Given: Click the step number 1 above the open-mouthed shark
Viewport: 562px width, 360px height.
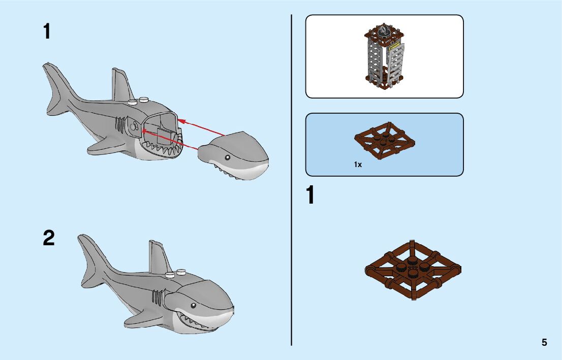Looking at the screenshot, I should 47,32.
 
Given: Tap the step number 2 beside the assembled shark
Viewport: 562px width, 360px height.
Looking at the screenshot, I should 48,238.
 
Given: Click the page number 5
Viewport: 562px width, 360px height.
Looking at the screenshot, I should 544,342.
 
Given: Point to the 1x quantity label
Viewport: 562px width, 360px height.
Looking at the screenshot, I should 358,165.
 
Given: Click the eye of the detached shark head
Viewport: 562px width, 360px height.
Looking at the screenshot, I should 227,157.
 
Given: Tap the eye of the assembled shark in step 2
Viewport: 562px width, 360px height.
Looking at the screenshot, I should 193,306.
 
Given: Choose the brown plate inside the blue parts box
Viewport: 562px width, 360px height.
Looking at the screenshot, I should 384,142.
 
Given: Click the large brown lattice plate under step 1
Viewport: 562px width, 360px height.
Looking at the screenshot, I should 413,269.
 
